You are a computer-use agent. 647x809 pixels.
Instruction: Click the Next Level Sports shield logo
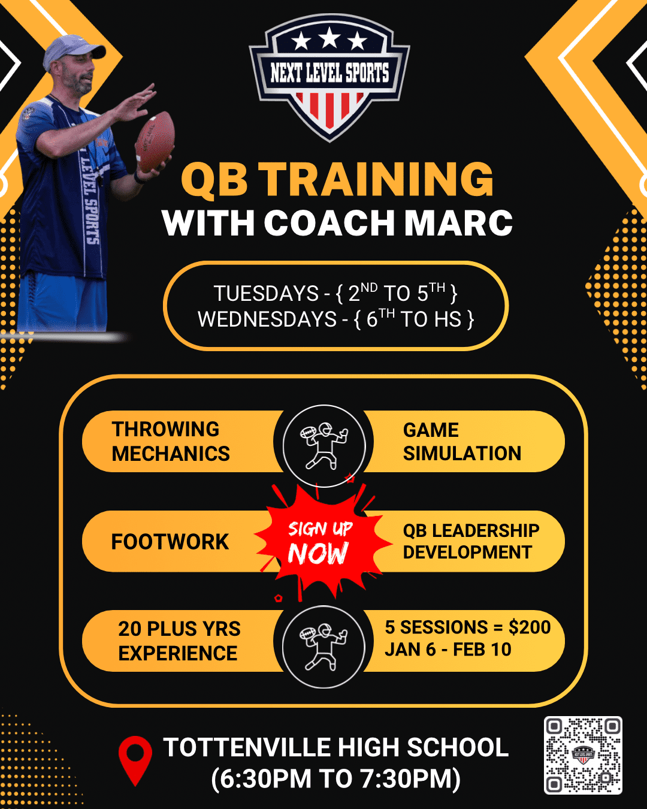(x=329, y=76)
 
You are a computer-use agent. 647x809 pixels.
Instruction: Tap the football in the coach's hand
(x=155, y=141)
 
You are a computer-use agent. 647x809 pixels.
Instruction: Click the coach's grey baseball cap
(x=71, y=50)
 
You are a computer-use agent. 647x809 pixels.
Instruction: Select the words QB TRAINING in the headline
(x=337, y=179)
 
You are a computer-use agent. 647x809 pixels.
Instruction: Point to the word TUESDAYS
(x=266, y=294)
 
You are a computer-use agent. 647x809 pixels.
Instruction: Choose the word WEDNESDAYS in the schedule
(x=267, y=319)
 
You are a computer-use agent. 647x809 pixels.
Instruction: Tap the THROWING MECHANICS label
(x=171, y=442)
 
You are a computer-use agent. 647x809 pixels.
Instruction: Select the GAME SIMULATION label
(x=462, y=442)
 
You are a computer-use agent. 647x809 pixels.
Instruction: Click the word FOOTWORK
(x=170, y=542)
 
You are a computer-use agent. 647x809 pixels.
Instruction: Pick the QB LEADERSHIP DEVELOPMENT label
(x=471, y=541)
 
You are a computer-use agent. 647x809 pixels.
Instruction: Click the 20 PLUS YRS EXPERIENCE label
(x=179, y=641)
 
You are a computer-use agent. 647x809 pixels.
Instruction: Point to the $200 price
(x=530, y=627)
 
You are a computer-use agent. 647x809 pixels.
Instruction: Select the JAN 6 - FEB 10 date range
(x=448, y=650)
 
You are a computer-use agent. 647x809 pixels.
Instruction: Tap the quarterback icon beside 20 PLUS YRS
(x=323, y=646)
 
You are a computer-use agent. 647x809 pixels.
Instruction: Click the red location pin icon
(x=135, y=759)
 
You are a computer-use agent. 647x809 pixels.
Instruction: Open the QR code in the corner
(x=583, y=755)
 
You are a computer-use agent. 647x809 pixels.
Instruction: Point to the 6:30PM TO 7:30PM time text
(x=336, y=779)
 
